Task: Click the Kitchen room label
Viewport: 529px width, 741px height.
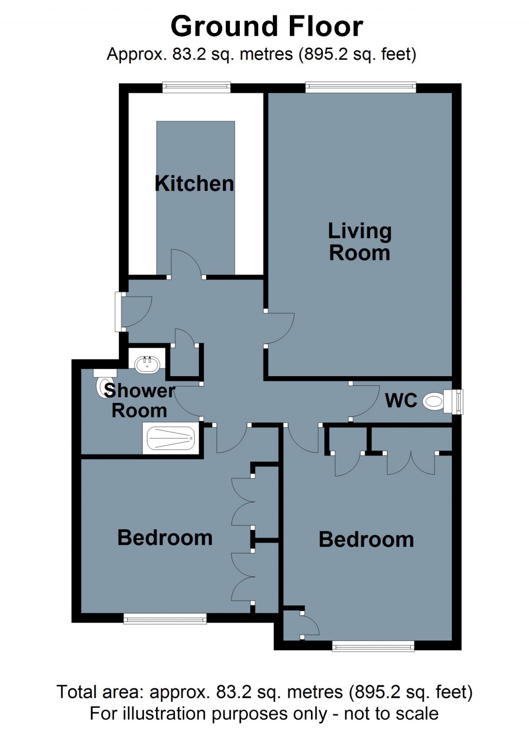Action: pyautogui.click(x=194, y=184)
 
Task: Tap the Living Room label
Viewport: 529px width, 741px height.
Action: pyautogui.click(x=360, y=242)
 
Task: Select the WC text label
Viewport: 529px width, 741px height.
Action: pyautogui.click(x=401, y=400)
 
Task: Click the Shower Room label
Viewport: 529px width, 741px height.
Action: pyautogui.click(x=139, y=400)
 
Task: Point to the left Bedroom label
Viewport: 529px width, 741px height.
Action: pyautogui.click(x=165, y=538)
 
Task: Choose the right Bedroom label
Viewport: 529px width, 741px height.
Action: pyautogui.click(x=366, y=540)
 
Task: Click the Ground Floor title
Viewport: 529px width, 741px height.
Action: pyautogui.click(x=267, y=27)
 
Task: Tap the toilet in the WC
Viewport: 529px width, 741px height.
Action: pyautogui.click(x=433, y=401)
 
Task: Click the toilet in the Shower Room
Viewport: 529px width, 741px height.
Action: pyautogui.click(x=102, y=387)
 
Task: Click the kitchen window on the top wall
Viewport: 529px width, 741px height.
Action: pyautogui.click(x=196, y=88)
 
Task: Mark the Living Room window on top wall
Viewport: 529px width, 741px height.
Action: pyautogui.click(x=361, y=88)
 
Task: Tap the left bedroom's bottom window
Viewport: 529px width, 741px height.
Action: pyautogui.click(x=165, y=618)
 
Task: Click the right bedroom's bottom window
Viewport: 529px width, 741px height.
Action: pyautogui.click(x=373, y=646)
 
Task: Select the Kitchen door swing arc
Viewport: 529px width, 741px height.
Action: pyautogui.click(x=186, y=263)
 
